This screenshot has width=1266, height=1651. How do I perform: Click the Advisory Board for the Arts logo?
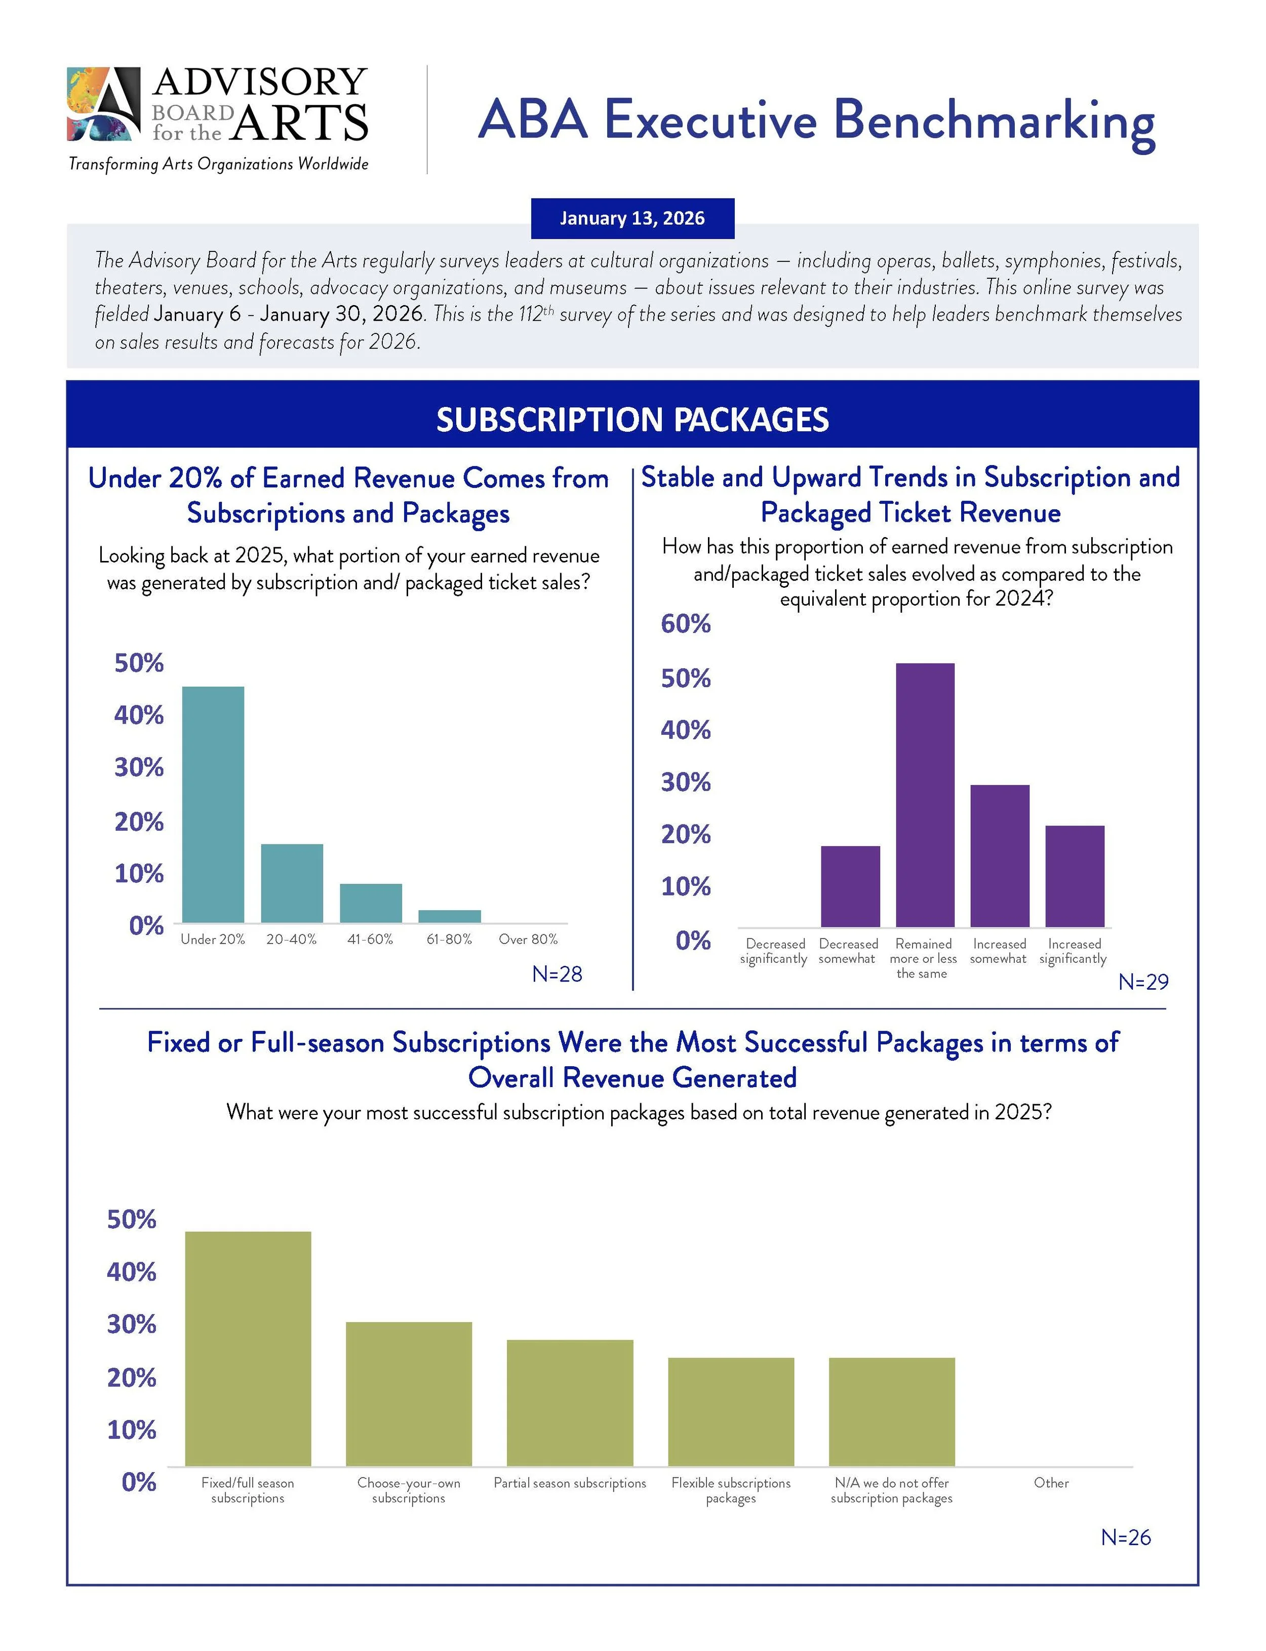click(217, 105)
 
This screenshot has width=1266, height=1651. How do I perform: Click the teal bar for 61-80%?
click(449, 916)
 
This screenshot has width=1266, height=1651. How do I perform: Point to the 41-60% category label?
click(370, 940)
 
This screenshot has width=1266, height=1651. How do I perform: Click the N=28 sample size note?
click(557, 974)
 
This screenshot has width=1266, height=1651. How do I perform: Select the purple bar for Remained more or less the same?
click(925, 795)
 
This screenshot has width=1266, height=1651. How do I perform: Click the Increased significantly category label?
click(1073, 951)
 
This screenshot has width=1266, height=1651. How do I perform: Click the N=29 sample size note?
click(1142, 982)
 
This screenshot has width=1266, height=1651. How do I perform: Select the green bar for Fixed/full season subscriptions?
click(248, 1348)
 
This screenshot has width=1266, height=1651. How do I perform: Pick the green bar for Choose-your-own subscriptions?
click(409, 1394)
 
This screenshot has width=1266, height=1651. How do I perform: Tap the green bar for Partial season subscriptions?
click(570, 1403)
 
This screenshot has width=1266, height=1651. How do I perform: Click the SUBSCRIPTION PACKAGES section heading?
click(632, 420)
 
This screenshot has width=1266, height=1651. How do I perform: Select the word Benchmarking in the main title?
click(994, 121)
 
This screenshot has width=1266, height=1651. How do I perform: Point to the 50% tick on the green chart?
click(132, 1219)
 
